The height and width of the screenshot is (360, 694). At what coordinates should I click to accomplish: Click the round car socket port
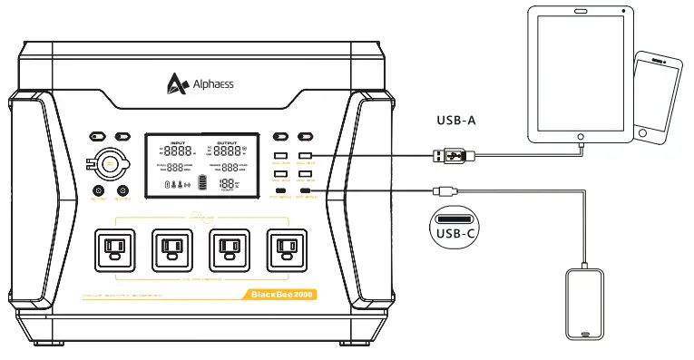click(x=110, y=164)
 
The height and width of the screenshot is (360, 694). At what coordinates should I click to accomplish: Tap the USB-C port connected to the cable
click(x=306, y=190)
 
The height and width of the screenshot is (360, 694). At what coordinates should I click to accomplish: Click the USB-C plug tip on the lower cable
click(x=436, y=191)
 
